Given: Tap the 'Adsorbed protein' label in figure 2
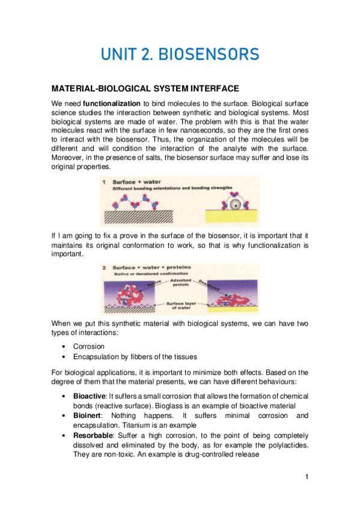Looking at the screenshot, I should point(180,283).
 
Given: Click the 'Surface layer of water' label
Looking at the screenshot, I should point(180,307).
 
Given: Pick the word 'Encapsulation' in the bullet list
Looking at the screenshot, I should point(95,357).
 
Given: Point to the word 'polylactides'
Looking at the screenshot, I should point(288,444).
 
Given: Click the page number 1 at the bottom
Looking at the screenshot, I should point(306,477).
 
